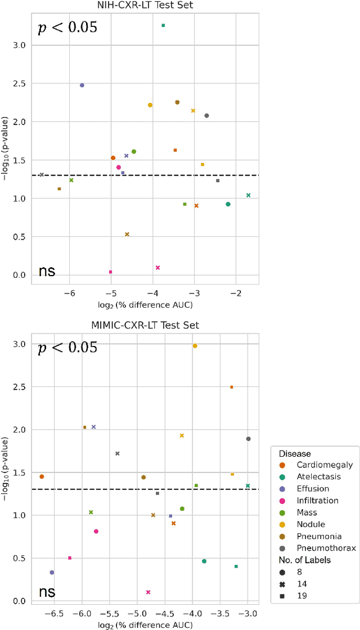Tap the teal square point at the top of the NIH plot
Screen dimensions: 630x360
point(163,25)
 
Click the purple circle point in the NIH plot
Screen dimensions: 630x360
point(82,85)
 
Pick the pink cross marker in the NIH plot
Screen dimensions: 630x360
point(157,268)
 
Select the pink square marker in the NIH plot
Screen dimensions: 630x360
point(110,272)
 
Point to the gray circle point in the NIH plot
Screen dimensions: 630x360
point(206,116)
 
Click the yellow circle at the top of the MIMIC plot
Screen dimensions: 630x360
point(195,346)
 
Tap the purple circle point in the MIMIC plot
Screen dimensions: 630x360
point(52,573)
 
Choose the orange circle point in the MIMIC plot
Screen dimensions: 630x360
point(42,476)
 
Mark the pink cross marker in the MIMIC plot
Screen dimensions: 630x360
point(148,592)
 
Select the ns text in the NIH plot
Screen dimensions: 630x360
point(47,271)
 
